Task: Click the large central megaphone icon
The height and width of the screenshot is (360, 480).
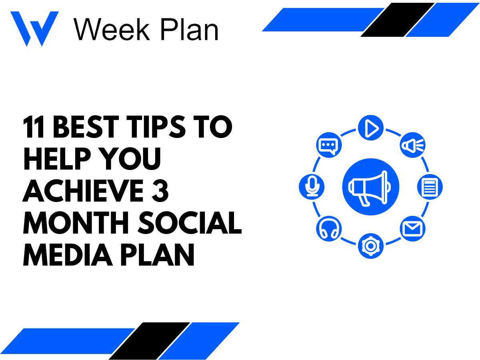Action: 371,187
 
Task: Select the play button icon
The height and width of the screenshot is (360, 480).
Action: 371,128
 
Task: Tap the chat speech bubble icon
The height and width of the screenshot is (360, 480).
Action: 329,145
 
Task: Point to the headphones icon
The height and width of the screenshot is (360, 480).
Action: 329,229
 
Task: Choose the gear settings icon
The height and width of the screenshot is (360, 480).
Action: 371,246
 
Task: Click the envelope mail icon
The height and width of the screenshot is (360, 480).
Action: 412,229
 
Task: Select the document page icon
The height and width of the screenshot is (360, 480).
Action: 430,187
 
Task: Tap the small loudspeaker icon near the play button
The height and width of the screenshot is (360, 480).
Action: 413,145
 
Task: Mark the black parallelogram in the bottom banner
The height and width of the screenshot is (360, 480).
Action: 150,340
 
